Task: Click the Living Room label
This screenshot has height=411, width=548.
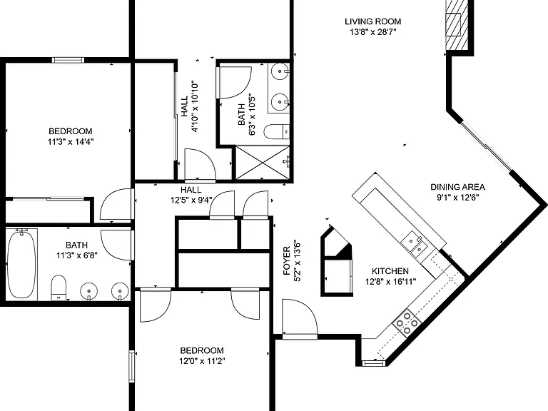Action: [x=373, y=21]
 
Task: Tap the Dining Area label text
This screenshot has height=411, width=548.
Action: [x=457, y=187]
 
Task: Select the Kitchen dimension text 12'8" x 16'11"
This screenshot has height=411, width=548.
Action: [x=390, y=281]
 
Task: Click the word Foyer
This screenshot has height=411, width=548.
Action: [x=287, y=260]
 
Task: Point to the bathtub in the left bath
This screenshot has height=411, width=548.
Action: [x=21, y=264]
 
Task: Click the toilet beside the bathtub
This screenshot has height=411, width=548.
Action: [x=59, y=288]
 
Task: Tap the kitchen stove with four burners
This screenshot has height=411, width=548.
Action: [x=407, y=323]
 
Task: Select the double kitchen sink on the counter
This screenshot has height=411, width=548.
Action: [x=415, y=243]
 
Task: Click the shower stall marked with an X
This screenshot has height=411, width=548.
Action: [x=263, y=163]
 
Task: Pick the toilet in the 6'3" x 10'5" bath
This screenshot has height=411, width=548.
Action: [x=276, y=132]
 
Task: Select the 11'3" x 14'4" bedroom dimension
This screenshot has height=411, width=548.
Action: [x=71, y=141]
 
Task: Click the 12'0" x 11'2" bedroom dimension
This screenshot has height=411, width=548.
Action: [x=202, y=360]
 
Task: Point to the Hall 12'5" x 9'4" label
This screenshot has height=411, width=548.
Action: [x=191, y=195]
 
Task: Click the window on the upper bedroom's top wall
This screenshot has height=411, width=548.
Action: [x=68, y=60]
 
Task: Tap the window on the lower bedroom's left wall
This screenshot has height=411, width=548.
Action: [x=132, y=367]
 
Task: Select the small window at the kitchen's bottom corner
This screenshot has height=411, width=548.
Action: [x=374, y=363]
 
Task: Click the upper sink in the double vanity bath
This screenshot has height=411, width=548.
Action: [x=280, y=71]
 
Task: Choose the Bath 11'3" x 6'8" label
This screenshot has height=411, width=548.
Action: [x=77, y=250]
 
